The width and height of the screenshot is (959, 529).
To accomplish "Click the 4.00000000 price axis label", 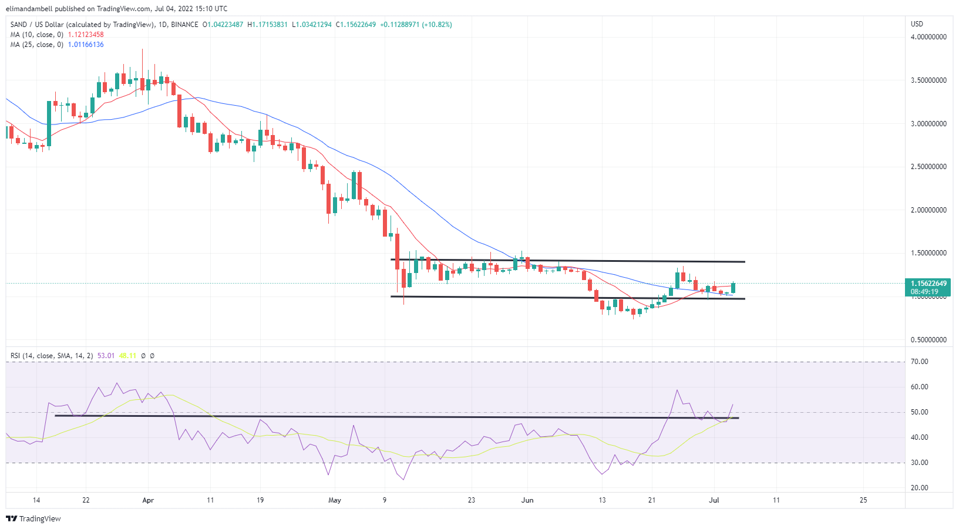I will point(928,37).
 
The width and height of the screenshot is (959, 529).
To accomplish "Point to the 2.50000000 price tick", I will point(928,167).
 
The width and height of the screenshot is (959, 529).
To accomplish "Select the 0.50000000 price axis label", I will point(928,340).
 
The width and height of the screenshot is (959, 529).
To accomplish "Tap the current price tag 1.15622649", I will point(928,284).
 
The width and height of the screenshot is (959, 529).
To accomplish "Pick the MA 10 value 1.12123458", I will point(86,35).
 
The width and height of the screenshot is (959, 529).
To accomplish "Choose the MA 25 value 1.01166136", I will point(86,45).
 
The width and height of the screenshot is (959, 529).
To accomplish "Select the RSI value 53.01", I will point(106,356).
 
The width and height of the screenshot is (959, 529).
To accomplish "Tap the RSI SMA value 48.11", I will point(127,356).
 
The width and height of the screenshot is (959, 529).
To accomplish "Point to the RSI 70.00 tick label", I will point(919,362).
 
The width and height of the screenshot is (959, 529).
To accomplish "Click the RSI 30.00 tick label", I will point(919,463).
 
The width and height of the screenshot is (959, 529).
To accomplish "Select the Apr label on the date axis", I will point(148,500).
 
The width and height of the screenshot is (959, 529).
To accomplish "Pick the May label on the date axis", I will point(335,500).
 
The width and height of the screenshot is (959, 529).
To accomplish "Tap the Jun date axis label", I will point(527,500).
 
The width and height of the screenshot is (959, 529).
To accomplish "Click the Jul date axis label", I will point(714,500).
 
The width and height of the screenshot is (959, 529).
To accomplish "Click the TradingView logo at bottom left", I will point(33,519).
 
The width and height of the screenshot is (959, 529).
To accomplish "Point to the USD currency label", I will point(917,24).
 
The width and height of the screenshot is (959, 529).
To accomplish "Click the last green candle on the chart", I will point(733,288).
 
